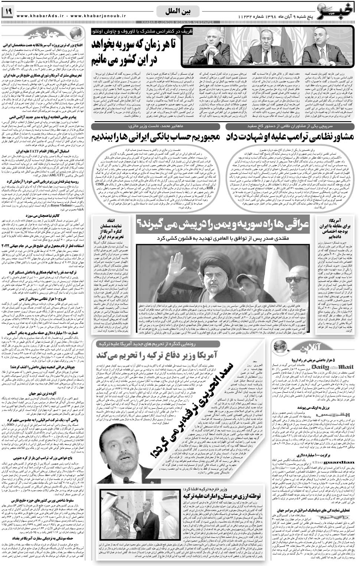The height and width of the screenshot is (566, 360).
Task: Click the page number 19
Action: click(x=8, y=12)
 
